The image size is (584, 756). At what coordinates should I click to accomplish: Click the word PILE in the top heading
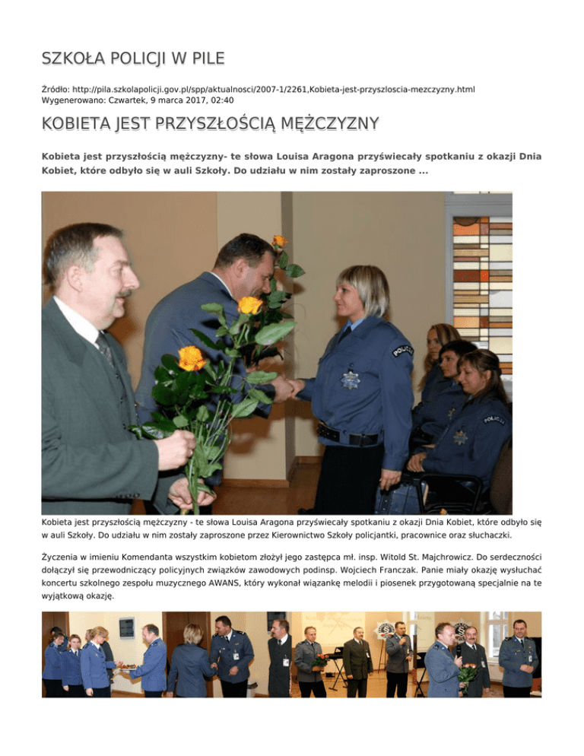(204, 59)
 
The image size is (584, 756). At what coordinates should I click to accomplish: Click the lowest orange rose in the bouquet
(191, 357)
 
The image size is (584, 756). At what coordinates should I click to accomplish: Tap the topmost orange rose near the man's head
(280, 242)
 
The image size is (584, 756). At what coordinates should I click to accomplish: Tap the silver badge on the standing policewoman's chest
(351, 378)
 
